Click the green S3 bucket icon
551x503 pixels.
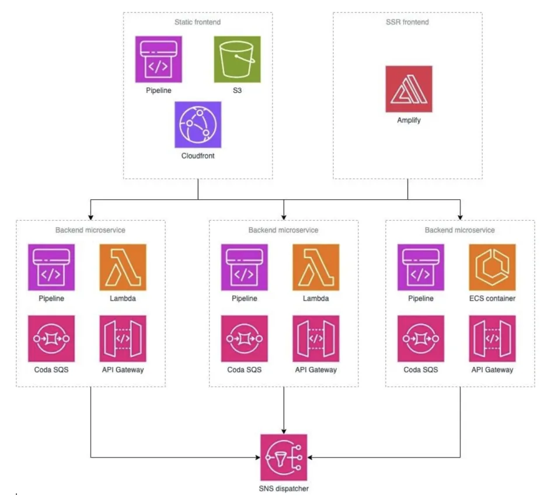coord(237,59)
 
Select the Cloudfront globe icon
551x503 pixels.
coord(198,124)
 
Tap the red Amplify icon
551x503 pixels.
coord(409,89)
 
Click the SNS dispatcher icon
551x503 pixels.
coord(284,457)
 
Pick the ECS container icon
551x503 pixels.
coord(492,267)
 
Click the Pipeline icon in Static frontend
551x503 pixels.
coord(158,59)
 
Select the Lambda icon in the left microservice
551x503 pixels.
coord(123,267)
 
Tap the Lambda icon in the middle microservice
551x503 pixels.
coord(316,267)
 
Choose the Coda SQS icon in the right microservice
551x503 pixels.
coord(420,339)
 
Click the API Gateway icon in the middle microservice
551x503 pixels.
coord(316,339)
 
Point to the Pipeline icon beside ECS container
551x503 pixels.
coord(420,267)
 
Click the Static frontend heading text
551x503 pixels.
coord(198,22)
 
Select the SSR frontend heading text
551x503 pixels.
coord(408,22)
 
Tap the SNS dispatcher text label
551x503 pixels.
coord(284,488)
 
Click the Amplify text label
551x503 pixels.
coord(409,120)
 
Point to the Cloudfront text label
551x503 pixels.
coord(198,156)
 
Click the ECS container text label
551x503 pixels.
coord(492,299)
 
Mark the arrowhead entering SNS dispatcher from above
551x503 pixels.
coord(284,430)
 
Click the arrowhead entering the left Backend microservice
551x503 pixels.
coord(90,216)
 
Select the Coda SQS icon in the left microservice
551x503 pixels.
coord(51,339)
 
